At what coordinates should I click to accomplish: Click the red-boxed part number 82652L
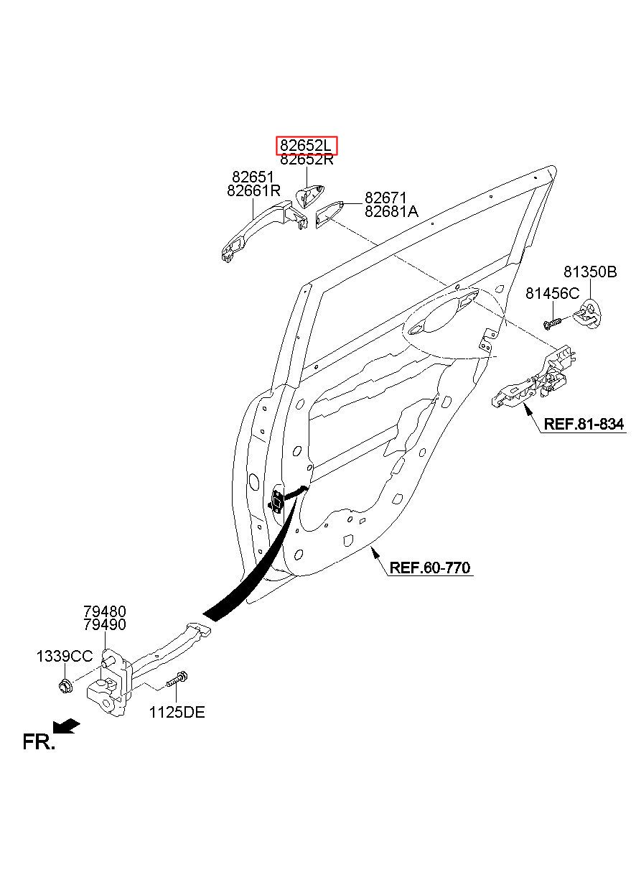click(x=306, y=146)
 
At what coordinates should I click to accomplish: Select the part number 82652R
click(x=307, y=159)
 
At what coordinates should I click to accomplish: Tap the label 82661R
click(x=253, y=190)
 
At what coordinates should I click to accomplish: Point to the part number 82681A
click(x=391, y=211)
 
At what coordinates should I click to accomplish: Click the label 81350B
click(x=590, y=272)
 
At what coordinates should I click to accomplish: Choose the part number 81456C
click(x=553, y=293)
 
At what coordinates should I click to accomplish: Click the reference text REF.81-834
click(x=584, y=424)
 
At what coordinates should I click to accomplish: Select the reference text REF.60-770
click(x=429, y=568)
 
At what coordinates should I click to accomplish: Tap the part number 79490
click(x=105, y=625)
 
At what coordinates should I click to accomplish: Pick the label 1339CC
click(x=65, y=657)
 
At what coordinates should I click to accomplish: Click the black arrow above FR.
click(x=66, y=726)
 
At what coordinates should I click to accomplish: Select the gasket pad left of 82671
click(x=329, y=215)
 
